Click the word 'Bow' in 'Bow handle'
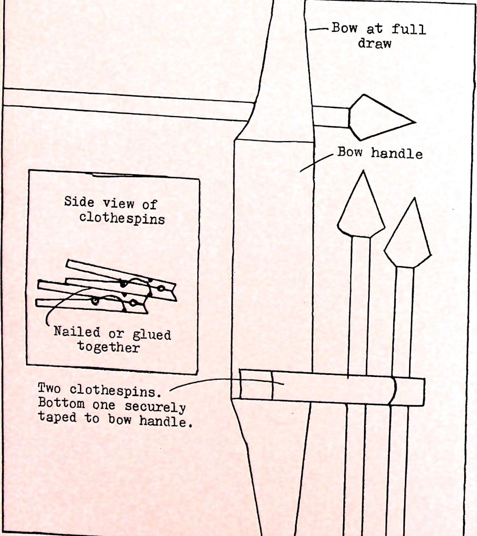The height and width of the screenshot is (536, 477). (349, 152)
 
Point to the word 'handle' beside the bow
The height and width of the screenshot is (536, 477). (397, 153)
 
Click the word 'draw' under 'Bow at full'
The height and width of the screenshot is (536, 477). (374, 43)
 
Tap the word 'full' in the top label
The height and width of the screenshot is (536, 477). (408, 29)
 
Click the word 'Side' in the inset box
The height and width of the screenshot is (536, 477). (79, 201)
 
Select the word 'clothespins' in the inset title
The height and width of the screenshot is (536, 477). (122, 218)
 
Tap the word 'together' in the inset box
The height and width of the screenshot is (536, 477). (109, 347)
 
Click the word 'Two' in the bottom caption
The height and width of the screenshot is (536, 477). (49, 388)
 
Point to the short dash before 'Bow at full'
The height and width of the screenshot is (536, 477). (318, 29)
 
